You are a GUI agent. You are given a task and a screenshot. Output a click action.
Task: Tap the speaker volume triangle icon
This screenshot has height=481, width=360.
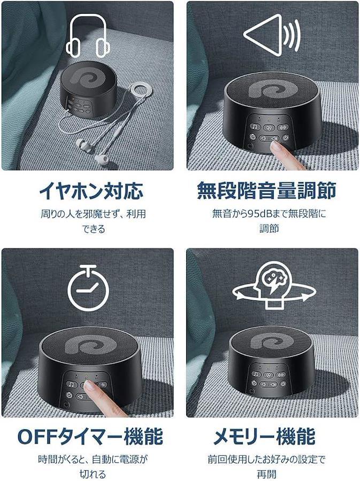tap(272, 34)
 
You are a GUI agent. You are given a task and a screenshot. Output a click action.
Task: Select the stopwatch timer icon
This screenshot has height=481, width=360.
tap(88, 288)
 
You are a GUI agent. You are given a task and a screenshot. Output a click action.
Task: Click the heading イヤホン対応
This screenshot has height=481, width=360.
tap(91, 191)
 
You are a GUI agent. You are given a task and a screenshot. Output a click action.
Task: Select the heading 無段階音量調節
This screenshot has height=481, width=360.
tap(267, 190)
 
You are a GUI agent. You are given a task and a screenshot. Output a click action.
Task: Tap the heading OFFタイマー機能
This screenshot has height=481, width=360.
tap(90, 436)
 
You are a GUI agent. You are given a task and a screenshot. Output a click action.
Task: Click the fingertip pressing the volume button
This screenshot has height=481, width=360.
tap(278, 148)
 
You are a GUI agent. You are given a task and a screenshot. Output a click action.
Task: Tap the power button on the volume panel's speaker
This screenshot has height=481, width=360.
tap(286, 138)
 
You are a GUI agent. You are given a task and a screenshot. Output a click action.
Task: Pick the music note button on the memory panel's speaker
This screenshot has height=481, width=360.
tap(256, 374)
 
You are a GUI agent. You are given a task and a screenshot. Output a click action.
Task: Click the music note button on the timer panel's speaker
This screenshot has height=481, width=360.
tap(72, 384)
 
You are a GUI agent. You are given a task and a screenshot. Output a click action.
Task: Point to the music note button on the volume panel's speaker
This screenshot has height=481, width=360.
tap(255, 126)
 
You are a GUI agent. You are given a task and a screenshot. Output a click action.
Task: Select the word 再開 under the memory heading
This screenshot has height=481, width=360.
tap(266, 474)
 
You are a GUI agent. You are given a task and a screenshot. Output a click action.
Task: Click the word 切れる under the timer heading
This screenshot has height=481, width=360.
tap(93, 474)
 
